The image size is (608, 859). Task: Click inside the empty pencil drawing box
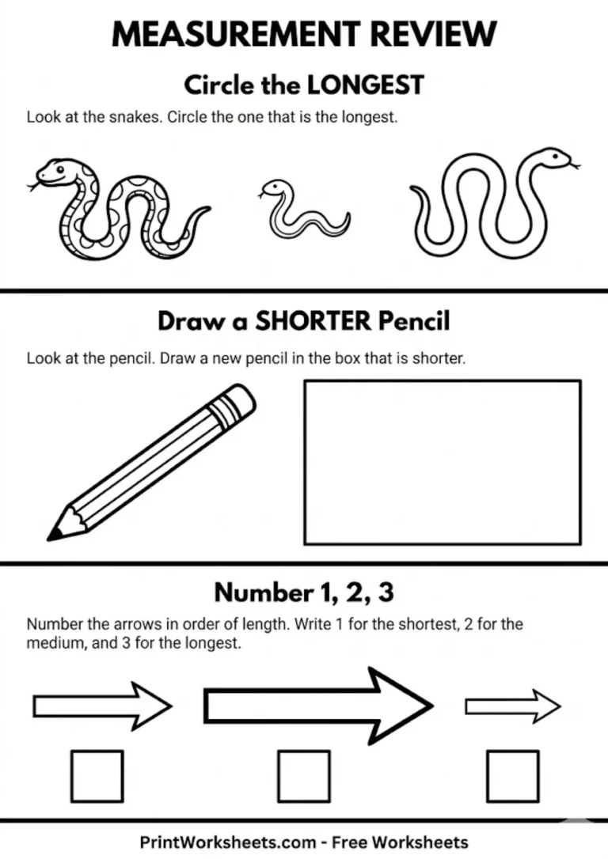[443, 462]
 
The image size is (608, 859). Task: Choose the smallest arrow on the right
[511, 705]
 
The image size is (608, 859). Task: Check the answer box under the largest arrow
[304, 776]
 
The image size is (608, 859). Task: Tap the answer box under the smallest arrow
[512, 776]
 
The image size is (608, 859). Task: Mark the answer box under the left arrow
[97, 776]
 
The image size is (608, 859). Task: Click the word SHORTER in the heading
[313, 322]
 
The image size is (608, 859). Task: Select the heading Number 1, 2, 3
[303, 592]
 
